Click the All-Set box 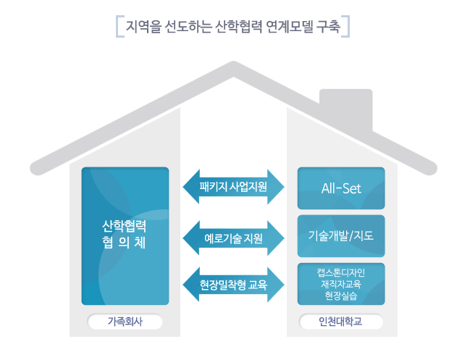click(x=341, y=189)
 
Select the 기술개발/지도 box click(x=341, y=236)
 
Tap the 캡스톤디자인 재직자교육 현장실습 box click(x=341, y=284)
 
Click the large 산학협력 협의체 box click(x=125, y=235)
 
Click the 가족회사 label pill click(x=125, y=321)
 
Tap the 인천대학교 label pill click(x=341, y=321)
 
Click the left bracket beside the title click(x=118, y=28)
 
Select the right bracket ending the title click(x=348, y=28)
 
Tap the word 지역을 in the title click(x=140, y=28)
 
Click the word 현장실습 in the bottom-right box click(x=341, y=296)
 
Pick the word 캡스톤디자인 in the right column click(x=341, y=273)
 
